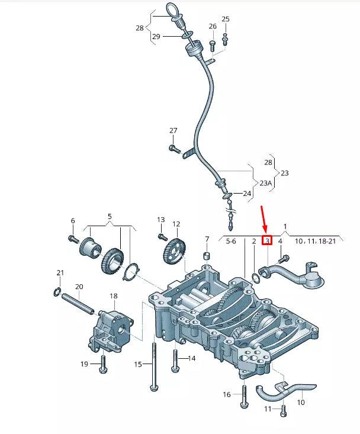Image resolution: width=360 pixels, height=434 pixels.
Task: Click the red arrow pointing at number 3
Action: [x=264, y=219]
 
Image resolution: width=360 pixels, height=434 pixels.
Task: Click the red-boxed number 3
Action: [x=267, y=241]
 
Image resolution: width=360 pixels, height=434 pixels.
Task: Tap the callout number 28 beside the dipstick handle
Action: [x=140, y=28]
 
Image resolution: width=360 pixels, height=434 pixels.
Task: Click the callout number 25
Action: [x=225, y=20]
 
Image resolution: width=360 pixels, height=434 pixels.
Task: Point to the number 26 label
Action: [x=213, y=27]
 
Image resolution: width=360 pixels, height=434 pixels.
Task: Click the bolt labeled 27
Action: [x=173, y=148]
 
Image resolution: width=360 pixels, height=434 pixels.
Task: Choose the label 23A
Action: [x=265, y=183]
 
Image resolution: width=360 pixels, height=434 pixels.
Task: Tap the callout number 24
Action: [x=247, y=194]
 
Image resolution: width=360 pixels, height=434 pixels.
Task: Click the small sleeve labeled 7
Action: [x=207, y=256]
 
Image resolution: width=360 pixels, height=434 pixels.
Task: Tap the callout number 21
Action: [x=60, y=272]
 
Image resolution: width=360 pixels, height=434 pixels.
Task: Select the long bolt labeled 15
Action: [x=153, y=367]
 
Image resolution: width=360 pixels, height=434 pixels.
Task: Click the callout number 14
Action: [x=191, y=358]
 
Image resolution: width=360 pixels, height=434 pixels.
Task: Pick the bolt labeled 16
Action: [x=243, y=398]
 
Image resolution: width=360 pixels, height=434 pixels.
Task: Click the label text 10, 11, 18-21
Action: [x=315, y=242]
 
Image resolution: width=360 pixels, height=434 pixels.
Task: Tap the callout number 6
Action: [x=73, y=221]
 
